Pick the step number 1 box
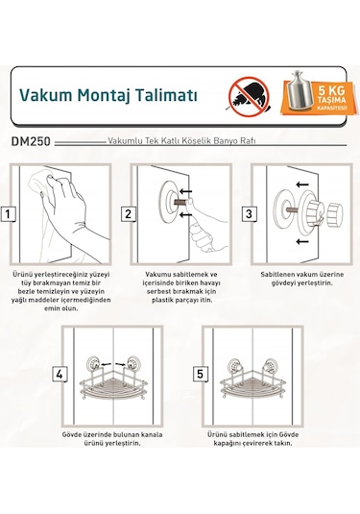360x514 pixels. click(9, 215)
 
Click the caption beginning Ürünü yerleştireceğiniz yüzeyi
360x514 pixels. click(59, 288)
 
